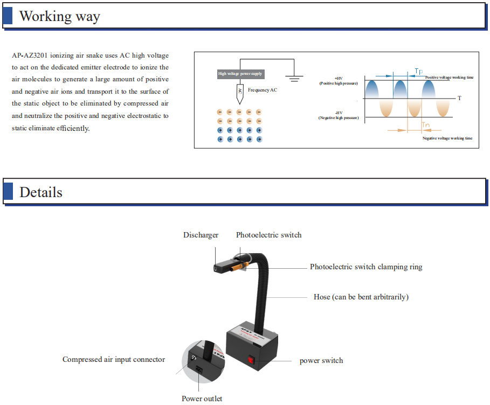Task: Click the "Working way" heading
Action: (59, 16)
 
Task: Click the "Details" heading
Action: (41, 192)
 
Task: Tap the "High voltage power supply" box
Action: (240, 74)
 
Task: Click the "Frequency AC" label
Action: (263, 90)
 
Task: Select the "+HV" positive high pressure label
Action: (339, 81)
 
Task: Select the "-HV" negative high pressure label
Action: (339, 115)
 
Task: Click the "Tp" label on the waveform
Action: (419, 71)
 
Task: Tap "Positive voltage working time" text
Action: (449, 78)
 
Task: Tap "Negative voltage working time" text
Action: (447, 138)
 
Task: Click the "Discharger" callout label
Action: (201, 235)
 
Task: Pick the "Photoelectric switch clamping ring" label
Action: (366, 267)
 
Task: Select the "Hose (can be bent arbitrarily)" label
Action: (361, 297)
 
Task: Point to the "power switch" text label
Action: (321, 361)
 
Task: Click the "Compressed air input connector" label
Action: (114, 360)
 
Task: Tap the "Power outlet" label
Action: (202, 399)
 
